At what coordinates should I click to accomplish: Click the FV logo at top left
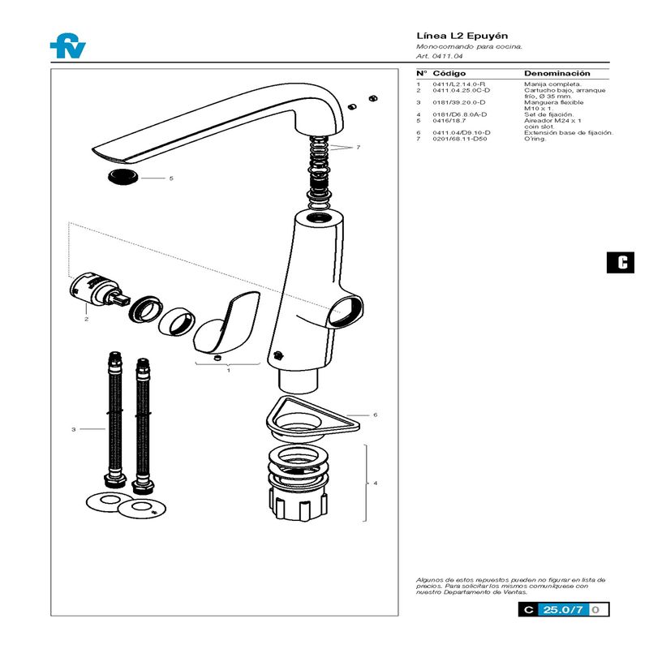tap(67, 47)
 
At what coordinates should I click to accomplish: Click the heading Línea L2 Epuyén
tap(450, 37)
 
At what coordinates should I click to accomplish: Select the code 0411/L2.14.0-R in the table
tap(458, 84)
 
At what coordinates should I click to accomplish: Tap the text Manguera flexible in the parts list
tap(554, 102)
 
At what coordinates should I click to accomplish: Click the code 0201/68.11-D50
tap(460, 139)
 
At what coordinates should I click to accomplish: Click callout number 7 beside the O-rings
tap(357, 147)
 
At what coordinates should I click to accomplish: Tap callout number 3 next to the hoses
tap(73, 428)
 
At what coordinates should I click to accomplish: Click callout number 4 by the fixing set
tap(375, 484)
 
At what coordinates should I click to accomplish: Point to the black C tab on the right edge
tap(622, 262)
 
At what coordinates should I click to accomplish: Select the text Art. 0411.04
tap(439, 56)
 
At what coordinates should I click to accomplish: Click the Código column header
tap(449, 73)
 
